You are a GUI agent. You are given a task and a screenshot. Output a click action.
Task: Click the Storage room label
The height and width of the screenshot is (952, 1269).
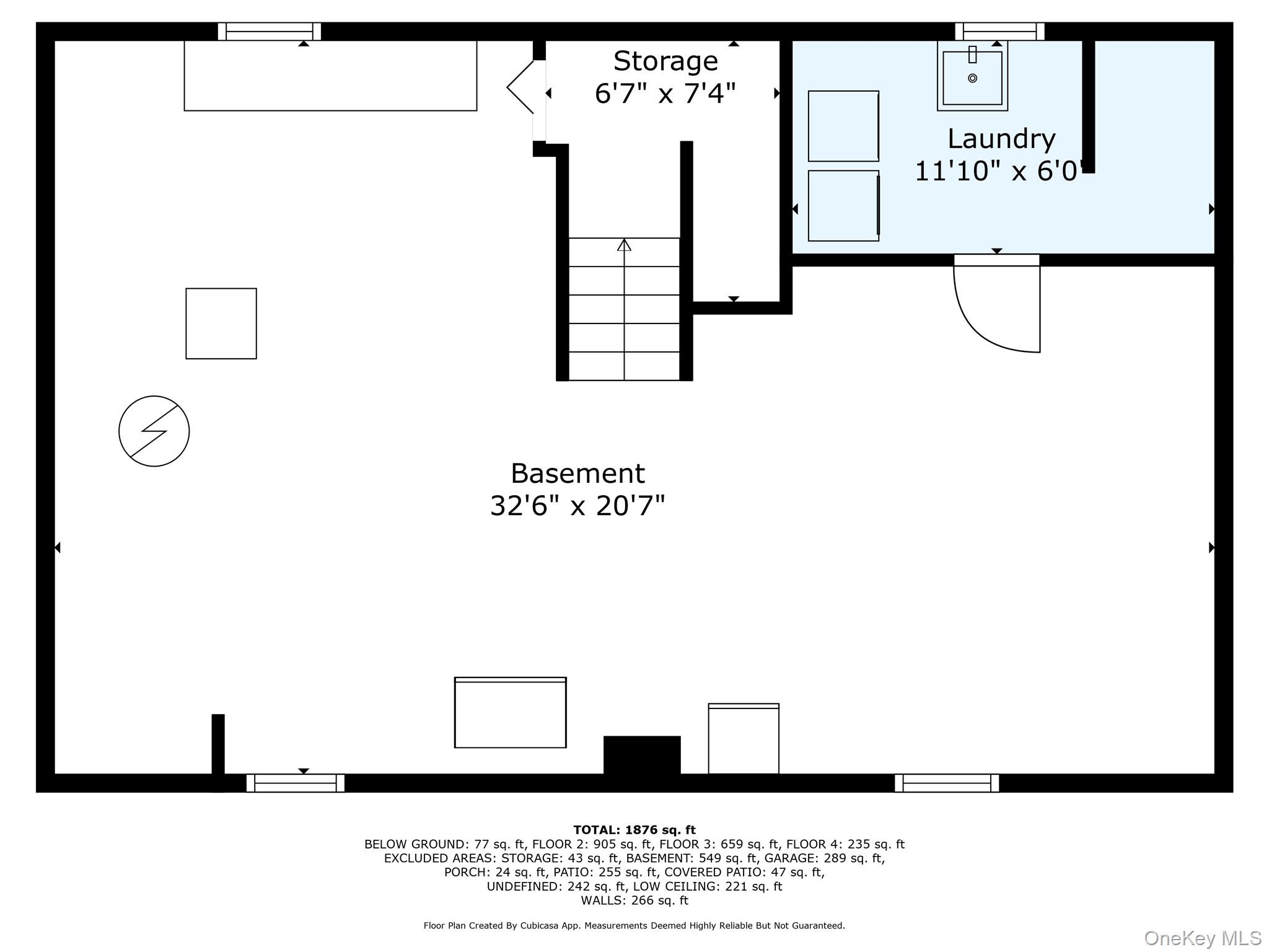665,61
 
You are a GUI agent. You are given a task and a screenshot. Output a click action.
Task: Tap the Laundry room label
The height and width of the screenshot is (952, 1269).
1001,138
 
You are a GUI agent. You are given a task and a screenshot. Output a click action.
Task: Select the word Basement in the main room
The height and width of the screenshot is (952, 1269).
577,474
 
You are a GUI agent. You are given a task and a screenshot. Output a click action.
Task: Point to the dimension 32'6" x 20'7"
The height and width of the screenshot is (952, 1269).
577,506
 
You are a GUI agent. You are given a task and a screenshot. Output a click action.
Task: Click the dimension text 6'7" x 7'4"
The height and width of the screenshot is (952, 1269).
665,94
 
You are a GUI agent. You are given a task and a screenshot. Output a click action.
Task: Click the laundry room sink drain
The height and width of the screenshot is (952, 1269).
972,78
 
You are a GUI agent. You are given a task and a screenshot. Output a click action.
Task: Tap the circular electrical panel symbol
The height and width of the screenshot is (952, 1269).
154,431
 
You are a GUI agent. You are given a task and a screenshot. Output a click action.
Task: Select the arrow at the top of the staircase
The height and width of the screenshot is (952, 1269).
624,245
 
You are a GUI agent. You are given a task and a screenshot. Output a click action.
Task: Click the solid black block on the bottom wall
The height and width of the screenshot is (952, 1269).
642,755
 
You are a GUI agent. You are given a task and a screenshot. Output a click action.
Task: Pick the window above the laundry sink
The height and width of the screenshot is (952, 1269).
999,32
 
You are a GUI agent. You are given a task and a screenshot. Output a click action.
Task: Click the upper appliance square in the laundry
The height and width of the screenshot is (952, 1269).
843,126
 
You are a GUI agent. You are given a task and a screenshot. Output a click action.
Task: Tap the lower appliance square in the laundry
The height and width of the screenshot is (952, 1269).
843,206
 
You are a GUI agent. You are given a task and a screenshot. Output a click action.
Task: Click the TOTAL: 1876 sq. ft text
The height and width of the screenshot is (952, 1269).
634,830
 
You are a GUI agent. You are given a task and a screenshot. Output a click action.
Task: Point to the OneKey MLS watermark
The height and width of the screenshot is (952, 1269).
1202,938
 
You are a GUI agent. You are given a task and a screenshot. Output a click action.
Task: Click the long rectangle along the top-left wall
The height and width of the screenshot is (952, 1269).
330,76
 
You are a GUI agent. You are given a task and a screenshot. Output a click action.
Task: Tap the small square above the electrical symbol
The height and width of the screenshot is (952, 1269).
221,324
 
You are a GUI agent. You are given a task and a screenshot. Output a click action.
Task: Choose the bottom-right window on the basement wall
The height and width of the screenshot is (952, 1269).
947,783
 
